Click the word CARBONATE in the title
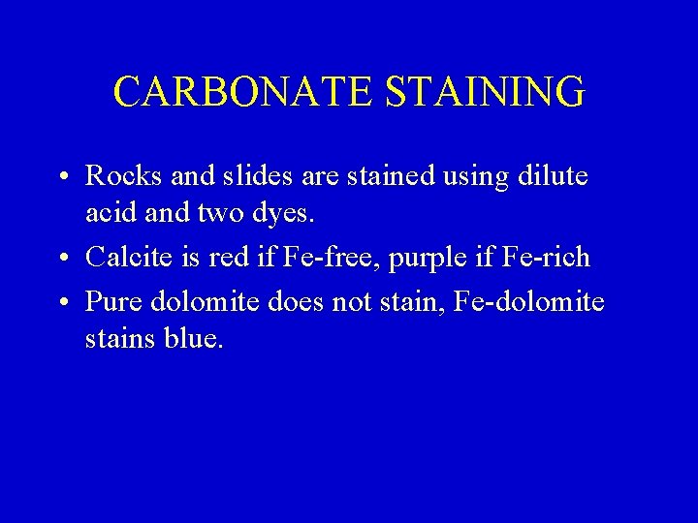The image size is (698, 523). (243, 91)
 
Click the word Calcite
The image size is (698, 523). (127, 257)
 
